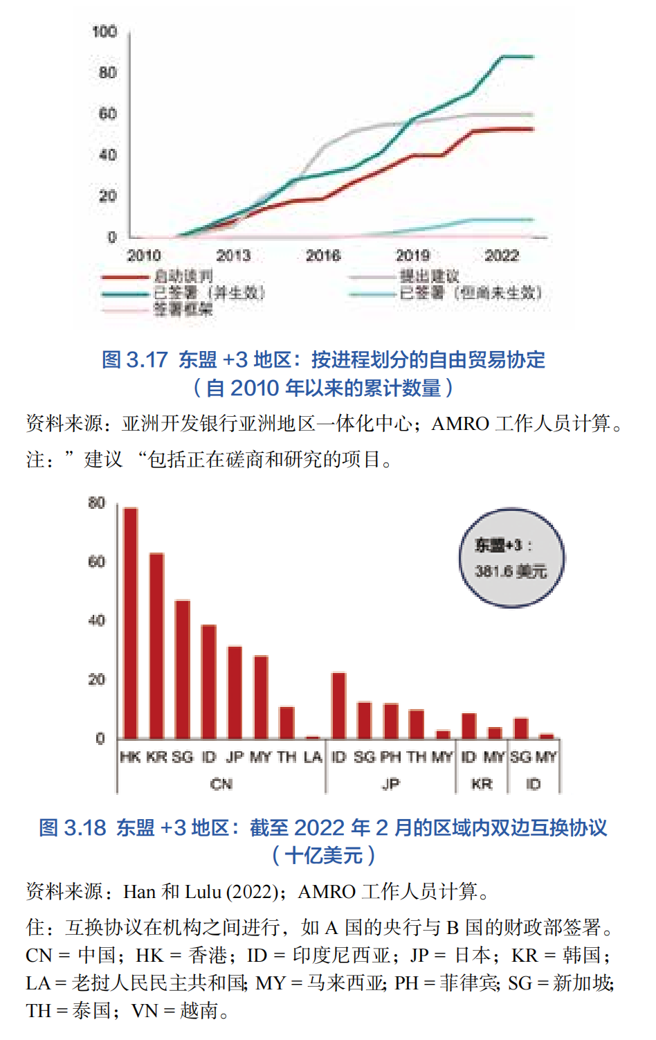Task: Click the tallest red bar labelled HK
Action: point(131,623)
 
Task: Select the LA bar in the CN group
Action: point(313,737)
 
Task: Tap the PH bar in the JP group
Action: point(390,721)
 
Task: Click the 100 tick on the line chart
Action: point(104,32)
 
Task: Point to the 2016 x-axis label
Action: point(323,255)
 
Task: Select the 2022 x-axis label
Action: point(502,255)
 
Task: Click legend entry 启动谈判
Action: point(183,276)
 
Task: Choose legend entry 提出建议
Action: point(430,276)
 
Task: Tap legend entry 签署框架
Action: point(183,309)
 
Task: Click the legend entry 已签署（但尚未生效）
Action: point(471,293)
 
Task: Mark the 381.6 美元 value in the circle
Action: point(511,571)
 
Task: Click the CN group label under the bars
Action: point(221,784)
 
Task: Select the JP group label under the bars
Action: point(390,784)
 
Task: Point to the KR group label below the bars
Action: point(482,784)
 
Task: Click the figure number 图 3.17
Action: point(134,360)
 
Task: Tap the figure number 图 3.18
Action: point(72,827)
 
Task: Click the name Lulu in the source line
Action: point(201,892)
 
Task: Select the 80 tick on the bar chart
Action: point(97,503)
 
